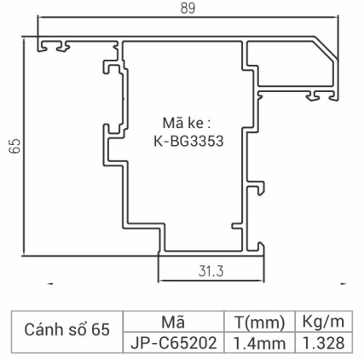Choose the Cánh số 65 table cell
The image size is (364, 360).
click(x=66, y=330)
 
